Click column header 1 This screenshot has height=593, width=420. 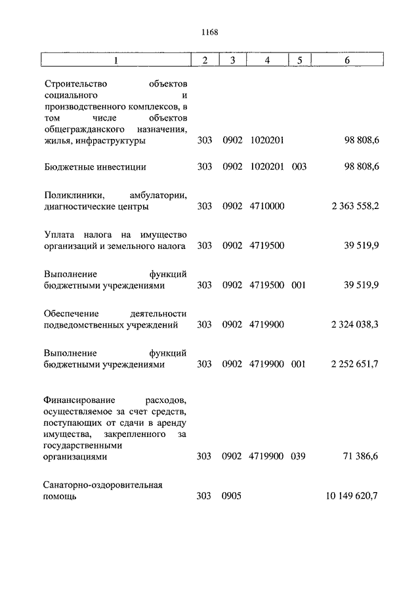[116, 60]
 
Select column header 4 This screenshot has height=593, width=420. [267, 60]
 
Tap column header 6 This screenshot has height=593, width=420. [347, 60]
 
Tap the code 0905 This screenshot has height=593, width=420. [232, 496]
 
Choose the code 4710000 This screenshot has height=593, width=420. [267, 206]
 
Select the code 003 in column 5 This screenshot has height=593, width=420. [299, 167]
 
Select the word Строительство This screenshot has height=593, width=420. [77, 84]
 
